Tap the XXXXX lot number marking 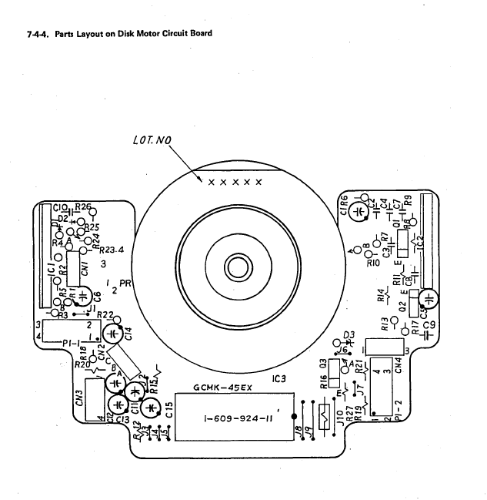click(x=235, y=183)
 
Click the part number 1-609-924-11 click(x=238, y=420)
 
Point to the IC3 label click(x=280, y=378)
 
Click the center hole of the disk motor click(x=236, y=268)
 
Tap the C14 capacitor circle click(x=113, y=334)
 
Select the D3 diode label click(x=349, y=335)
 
